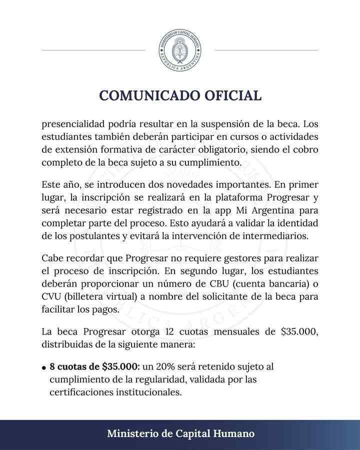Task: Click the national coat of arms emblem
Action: [x=180, y=50]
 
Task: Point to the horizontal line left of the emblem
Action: [x=93, y=50]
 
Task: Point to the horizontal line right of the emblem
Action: [x=266, y=50]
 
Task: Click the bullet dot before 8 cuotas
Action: [x=44, y=368]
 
